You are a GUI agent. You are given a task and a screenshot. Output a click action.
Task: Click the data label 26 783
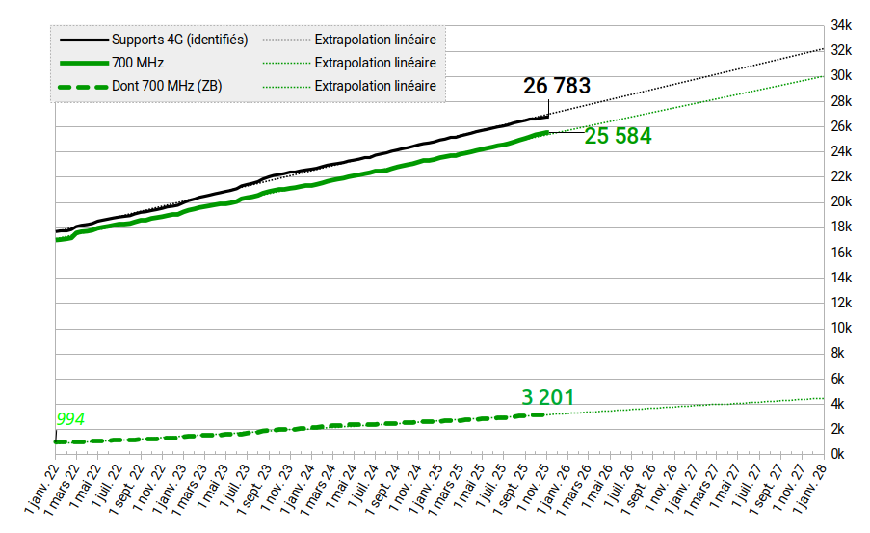[557, 86]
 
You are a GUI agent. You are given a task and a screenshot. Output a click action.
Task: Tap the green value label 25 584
[618, 137]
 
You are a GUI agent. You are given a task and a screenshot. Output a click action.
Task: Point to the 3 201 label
[547, 397]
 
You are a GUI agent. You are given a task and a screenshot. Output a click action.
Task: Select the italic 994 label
[69, 419]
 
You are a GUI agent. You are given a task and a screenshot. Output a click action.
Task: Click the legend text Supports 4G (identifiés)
[180, 40]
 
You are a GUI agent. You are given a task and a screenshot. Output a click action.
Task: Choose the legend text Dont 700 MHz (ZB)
[168, 86]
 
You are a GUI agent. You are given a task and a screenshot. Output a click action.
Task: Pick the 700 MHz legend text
[138, 63]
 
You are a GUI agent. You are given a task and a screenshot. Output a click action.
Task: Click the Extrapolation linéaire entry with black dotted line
[376, 40]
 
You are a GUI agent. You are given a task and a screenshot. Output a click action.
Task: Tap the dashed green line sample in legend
[83, 86]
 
